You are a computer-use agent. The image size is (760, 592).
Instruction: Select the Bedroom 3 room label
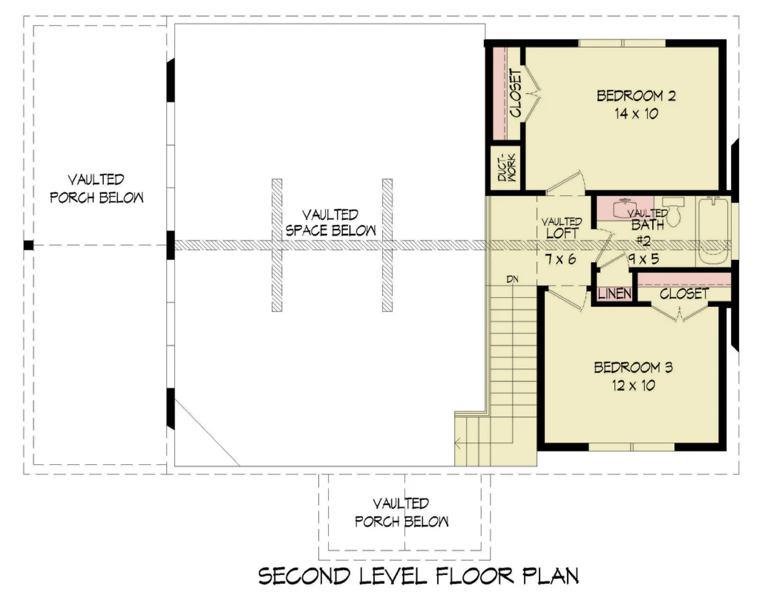point(633,367)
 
